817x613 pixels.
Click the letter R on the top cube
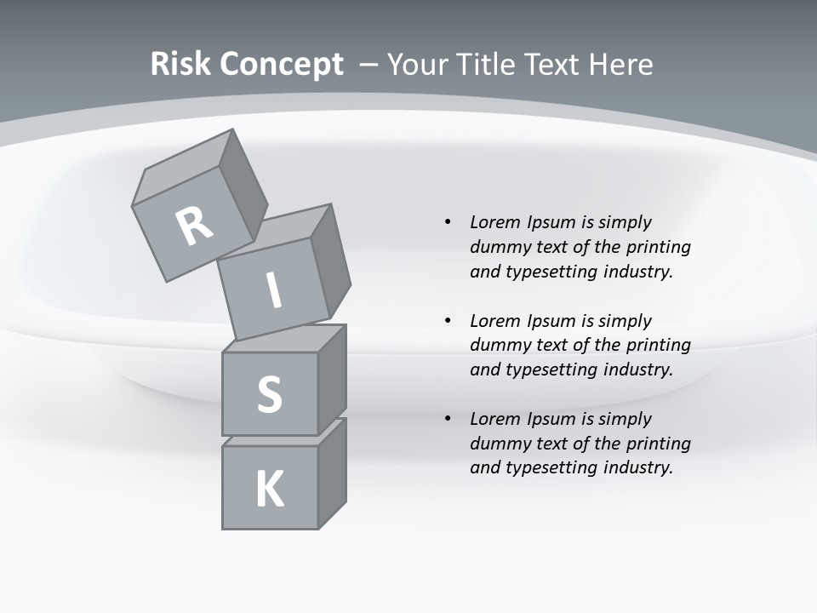pos(194,226)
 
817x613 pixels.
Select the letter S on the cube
pos(269,394)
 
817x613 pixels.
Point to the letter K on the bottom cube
pos(269,490)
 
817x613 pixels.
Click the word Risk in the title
pos(181,65)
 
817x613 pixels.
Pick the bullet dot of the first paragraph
pos(448,222)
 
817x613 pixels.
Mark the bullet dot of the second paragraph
pos(448,321)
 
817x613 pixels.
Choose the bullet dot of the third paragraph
pos(448,419)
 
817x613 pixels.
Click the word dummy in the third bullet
pos(496,444)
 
